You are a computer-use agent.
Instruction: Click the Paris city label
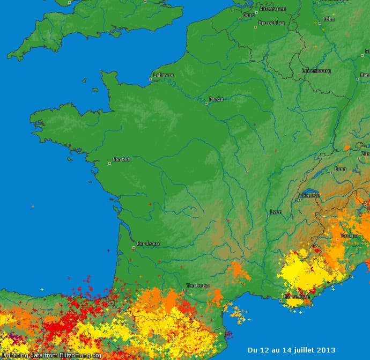pos(217,99)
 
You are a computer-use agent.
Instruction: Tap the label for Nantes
pos(121,159)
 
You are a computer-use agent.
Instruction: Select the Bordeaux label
pos(148,243)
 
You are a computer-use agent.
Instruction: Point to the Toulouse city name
pos(198,286)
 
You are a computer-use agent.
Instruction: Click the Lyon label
pos(276,212)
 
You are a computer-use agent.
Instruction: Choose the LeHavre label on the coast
pos(164,75)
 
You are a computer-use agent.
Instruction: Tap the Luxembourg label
pos(316,71)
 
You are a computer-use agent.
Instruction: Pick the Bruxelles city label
pos(271,23)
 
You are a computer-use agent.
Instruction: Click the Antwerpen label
pos(272,9)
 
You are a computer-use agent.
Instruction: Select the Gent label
pos(249,15)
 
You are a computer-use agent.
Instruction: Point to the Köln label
pos(329,19)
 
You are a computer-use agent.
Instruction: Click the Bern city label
pos(340,169)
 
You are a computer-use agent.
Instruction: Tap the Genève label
pos(311,195)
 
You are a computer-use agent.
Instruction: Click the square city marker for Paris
pos(206,103)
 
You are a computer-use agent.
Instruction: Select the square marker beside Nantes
pos(110,163)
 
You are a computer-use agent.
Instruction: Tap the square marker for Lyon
pos(267,216)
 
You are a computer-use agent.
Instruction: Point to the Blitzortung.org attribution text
pos(51,356)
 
